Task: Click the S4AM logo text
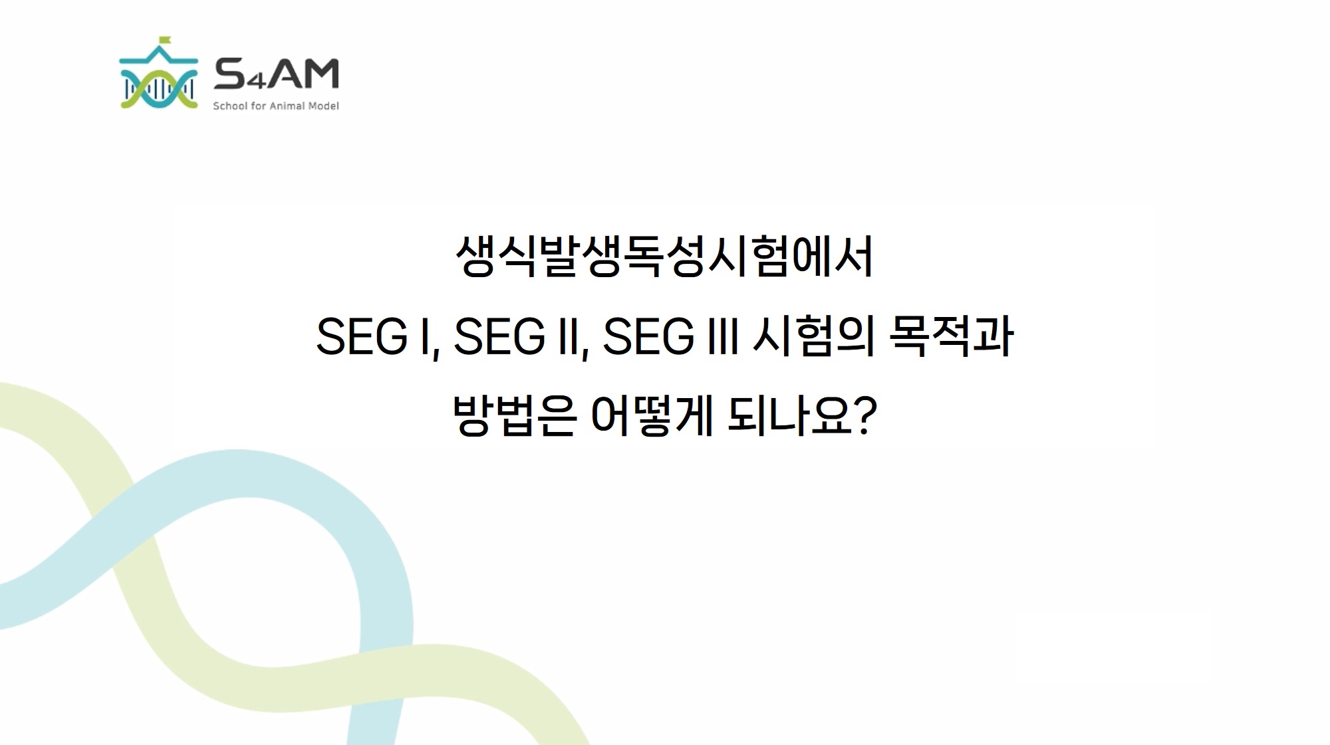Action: click(x=276, y=74)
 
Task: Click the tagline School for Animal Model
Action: click(x=276, y=106)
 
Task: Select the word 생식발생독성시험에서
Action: click(x=664, y=256)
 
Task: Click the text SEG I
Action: click(x=374, y=336)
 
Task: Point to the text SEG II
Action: click(x=517, y=336)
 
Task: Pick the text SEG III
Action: click(x=670, y=336)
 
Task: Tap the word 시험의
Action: click(x=813, y=336)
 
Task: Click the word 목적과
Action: click(x=952, y=336)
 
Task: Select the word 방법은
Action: click(x=514, y=415)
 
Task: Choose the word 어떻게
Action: click(x=652, y=415)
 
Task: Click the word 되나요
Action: click(x=789, y=415)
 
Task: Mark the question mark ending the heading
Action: click(x=865, y=415)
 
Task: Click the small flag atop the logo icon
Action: click(x=164, y=40)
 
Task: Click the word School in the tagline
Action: click(x=230, y=106)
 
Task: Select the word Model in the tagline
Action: click(x=324, y=106)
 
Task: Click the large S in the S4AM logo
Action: click(x=231, y=74)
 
